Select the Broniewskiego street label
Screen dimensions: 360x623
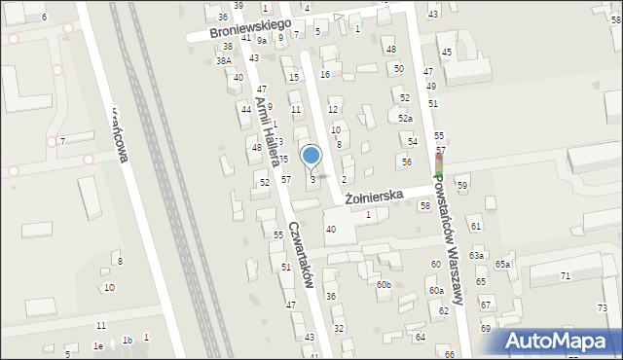252,27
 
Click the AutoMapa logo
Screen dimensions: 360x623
561,341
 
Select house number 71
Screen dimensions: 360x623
566,276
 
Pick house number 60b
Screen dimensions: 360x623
384,284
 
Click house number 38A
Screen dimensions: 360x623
223,60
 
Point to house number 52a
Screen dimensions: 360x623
405,118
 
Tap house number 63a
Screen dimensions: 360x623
475,255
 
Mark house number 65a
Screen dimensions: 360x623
502,264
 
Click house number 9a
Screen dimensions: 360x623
262,40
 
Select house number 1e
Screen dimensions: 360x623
97,346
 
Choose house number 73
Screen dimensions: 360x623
602,308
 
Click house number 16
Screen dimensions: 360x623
325,74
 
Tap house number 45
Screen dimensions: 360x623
447,52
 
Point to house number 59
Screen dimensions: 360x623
462,185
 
